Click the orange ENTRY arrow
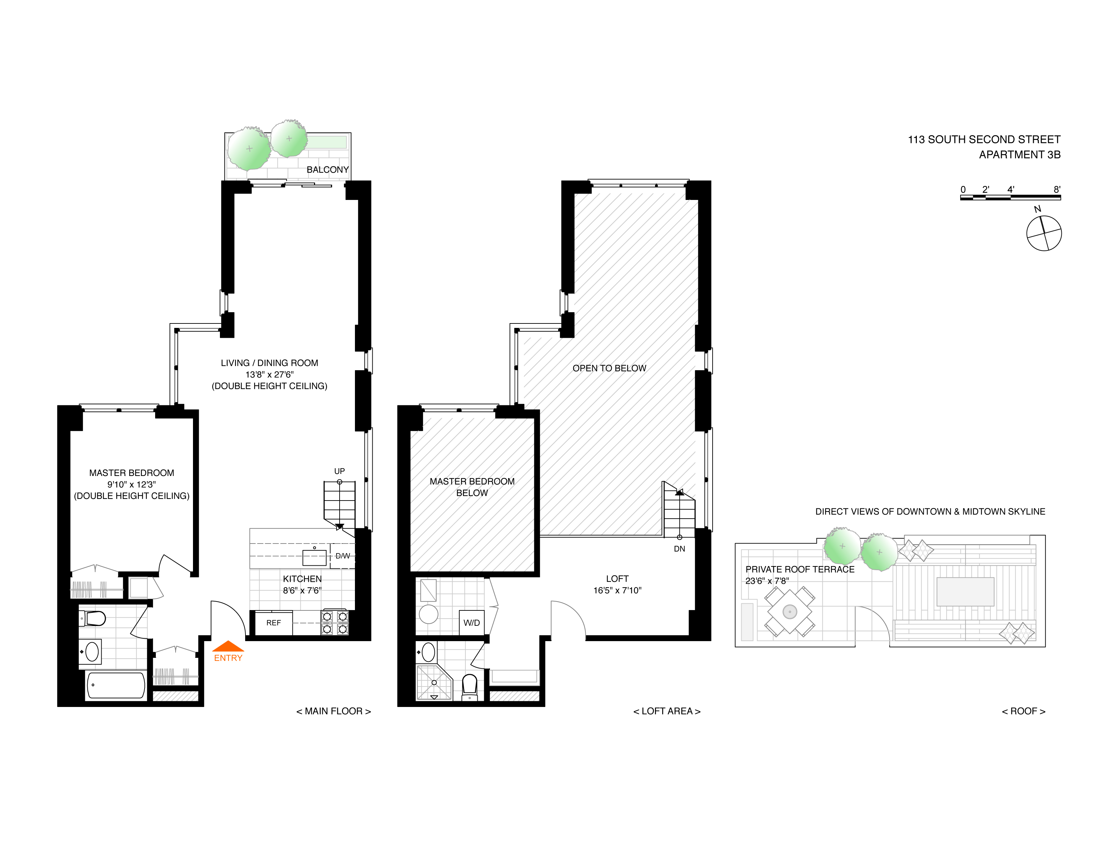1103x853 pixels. (x=228, y=646)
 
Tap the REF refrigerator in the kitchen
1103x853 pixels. (x=274, y=623)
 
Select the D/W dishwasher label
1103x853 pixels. (x=342, y=556)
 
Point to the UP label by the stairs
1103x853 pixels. (x=339, y=471)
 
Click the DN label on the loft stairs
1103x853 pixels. (x=679, y=549)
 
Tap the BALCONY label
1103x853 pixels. (x=328, y=170)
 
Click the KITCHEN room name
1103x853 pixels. (x=302, y=579)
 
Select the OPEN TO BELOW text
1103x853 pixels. (x=609, y=368)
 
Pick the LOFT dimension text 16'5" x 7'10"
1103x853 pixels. (x=617, y=590)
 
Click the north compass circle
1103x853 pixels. (x=1044, y=233)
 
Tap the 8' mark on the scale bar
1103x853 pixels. (x=1057, y=189)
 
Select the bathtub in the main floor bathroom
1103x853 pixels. (x=116, y=686)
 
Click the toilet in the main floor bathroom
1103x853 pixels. (x=92, y=618)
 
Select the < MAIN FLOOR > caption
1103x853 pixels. (x=333, y=711)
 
